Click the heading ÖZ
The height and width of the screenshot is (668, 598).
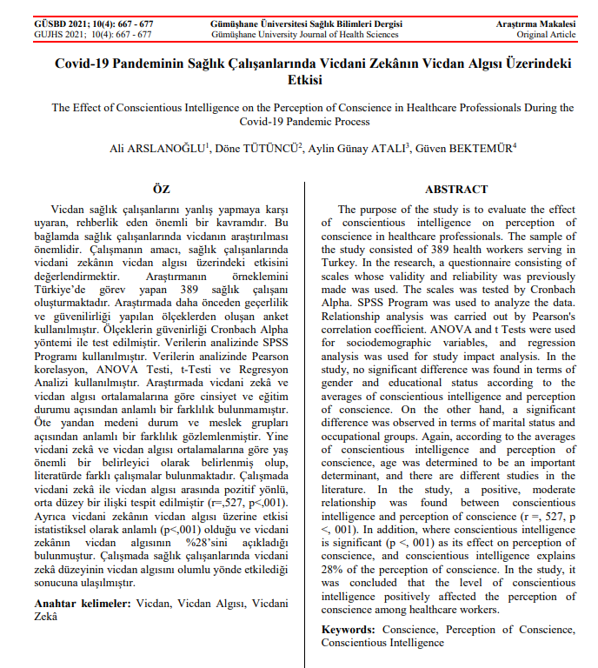tap(161, 190)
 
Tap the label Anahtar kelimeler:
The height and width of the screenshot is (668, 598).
tap(83, 603)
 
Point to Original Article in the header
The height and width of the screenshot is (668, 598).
tap(546, 34)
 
